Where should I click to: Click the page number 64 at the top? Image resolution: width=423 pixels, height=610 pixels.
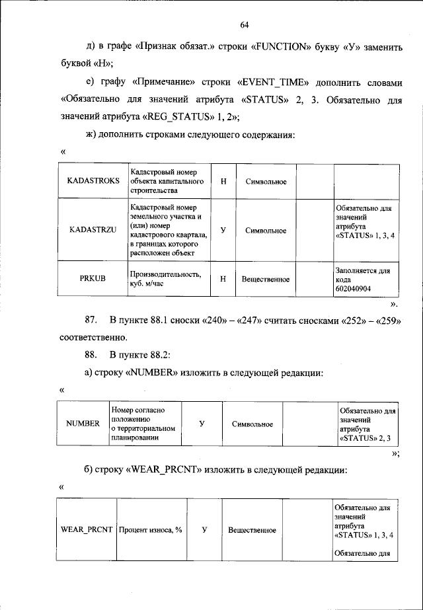[x=244, y=24]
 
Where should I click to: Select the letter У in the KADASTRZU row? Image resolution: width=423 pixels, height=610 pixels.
[x=223, y=231]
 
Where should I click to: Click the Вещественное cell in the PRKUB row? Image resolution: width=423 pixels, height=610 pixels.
[x=265, y=280]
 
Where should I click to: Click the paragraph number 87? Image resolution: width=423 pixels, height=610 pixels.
[x=92, y=321]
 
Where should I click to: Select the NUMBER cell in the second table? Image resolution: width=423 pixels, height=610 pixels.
[x=83, y=423]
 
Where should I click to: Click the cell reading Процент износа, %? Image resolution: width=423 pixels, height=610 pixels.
[x=151, y=530]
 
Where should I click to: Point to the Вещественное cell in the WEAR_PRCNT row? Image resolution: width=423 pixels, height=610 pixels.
[x=252, y=530]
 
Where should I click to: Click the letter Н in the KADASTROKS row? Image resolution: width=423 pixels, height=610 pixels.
[x=223, y=182]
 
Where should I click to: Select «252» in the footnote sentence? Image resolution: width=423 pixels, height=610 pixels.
[x=352, y=321]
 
